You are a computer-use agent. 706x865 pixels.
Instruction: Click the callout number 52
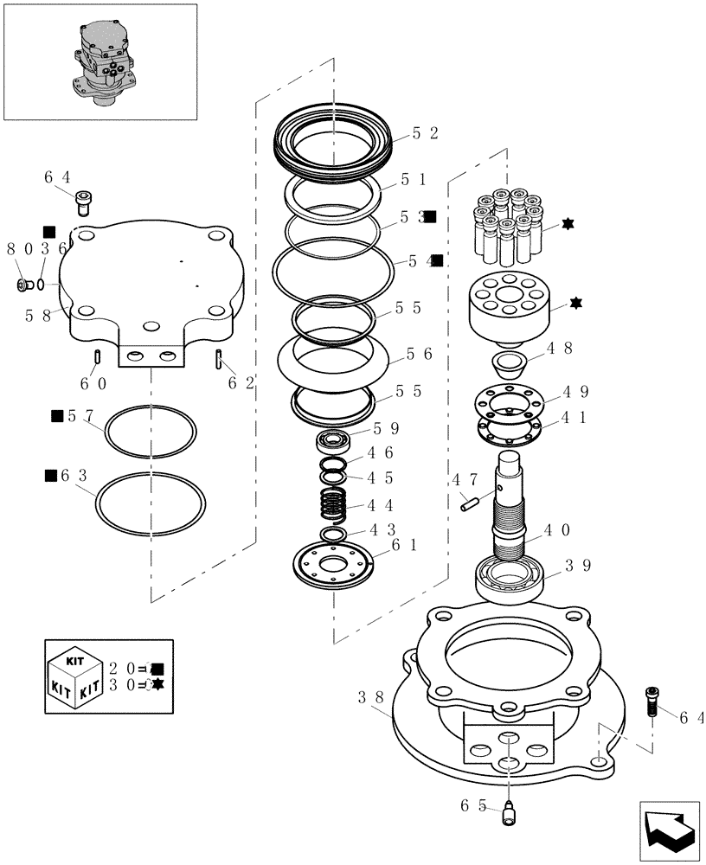click(425, 133)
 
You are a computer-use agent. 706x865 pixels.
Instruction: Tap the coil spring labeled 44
click(331, 504)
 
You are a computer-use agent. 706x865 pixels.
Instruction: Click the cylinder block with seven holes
click(510, 310)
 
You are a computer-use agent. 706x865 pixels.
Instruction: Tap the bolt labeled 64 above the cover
click(84, 202)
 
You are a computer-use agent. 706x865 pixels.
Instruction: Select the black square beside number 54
click(437, 260)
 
